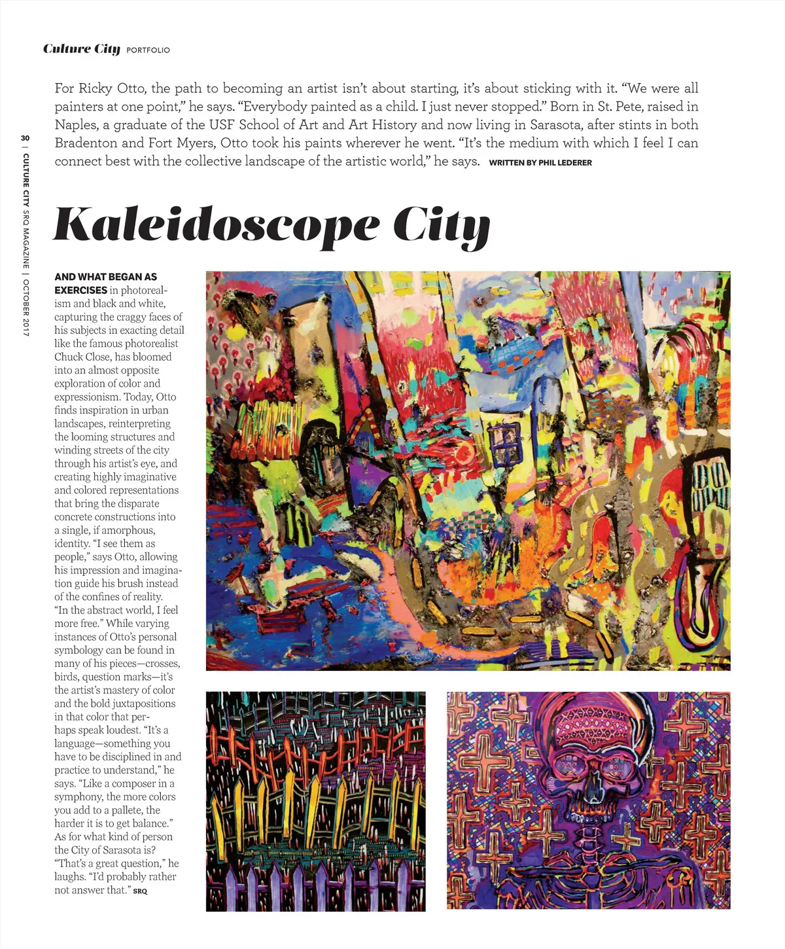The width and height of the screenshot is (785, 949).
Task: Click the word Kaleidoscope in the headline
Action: (x=216, y=224)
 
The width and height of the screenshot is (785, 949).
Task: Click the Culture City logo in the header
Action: (x=82, y=49)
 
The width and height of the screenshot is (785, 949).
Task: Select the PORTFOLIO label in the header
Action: (x=148, y=50)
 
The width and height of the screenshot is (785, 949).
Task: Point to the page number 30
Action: (x=25, y=138)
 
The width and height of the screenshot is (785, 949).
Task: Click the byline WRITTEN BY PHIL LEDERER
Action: (x=540, y=162)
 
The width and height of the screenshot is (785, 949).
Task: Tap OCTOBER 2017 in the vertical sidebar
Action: (x=26, y=308)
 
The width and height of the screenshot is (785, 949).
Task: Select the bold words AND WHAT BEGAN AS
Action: (x=105, y=277)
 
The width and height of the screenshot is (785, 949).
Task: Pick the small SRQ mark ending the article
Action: (x=141, y=891)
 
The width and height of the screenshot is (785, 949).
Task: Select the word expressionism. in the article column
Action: (x=87, y=397)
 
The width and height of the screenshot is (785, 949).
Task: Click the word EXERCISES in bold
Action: (x=80, y=290)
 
